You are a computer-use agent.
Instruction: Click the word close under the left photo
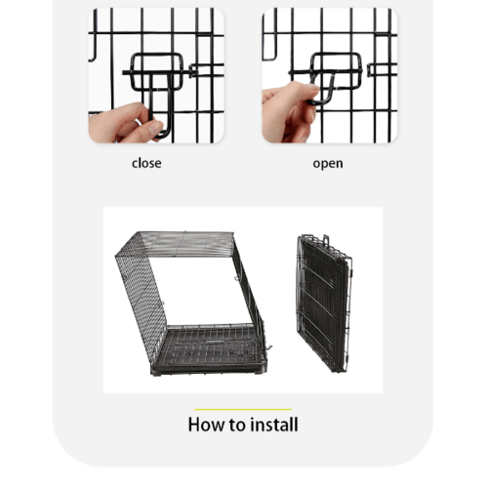tap(146, 163)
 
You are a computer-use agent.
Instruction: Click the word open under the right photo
tap(328, 164)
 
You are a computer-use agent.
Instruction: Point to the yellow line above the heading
tap(243, 409)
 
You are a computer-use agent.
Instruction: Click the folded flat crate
tap(324, 304)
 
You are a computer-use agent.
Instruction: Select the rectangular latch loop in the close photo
tap(156, 71)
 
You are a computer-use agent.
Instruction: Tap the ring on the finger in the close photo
tap(138, 122)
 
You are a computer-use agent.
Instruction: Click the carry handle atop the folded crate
tap(325, 239)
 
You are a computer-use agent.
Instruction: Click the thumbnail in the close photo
tap(155, 127)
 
